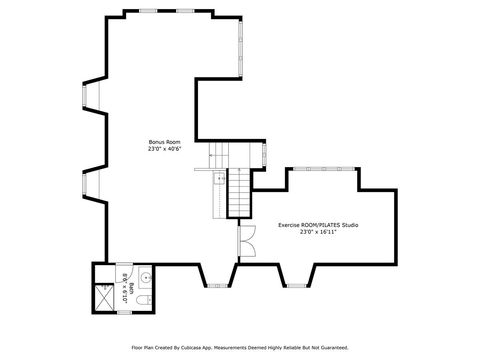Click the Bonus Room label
[163, 143]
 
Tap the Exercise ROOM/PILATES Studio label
[318, 225]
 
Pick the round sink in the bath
[144, 277]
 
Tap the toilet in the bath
[143, 300]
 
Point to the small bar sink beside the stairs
[217, 179]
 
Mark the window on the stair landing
[263, 156]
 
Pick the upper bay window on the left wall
[86, 97]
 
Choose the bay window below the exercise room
[296, 287]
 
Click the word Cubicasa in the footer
[205, 348]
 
